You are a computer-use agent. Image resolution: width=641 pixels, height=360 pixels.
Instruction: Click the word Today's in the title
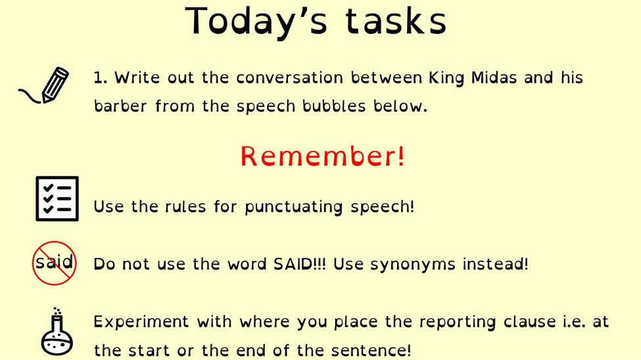pyautogui.click(x=256, y=21)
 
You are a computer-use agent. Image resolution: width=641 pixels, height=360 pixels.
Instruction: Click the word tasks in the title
pyautogui.click(x=396, y=21)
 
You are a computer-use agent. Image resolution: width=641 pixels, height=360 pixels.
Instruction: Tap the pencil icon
pyautogui.click(x=44, y=85)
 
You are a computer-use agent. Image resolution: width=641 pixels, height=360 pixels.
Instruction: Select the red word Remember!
pyautogui.click(x=323, y=156)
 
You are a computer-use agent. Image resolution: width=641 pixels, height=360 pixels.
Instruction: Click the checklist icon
pyautogui.click(x=57, y=198)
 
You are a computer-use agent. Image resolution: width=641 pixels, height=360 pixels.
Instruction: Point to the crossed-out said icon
pyautogui.click(x=55, y=263)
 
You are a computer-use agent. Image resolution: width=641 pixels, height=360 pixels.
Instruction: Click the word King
pyautogui.click(x=446, y=78)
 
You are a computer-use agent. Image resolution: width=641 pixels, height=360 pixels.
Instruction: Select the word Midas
pyautogui.click(x=494, y=78)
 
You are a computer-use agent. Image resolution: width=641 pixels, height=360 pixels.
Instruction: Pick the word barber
pyautogui.click(x=120, y=106)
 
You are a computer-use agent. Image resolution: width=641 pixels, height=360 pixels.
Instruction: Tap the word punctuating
pyautogui.click(x=293, y=207)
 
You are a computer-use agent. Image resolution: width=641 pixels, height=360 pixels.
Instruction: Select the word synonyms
pyautogui.click(x=412, y=265)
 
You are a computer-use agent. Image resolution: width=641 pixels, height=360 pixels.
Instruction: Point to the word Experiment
pyautogui.click(x=141, y=322)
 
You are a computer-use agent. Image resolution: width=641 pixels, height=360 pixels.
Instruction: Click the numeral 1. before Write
pyautogui.click(x=100, y=78)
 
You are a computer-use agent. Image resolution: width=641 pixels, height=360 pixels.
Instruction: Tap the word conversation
pyautogui.click(x=289, y=78)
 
